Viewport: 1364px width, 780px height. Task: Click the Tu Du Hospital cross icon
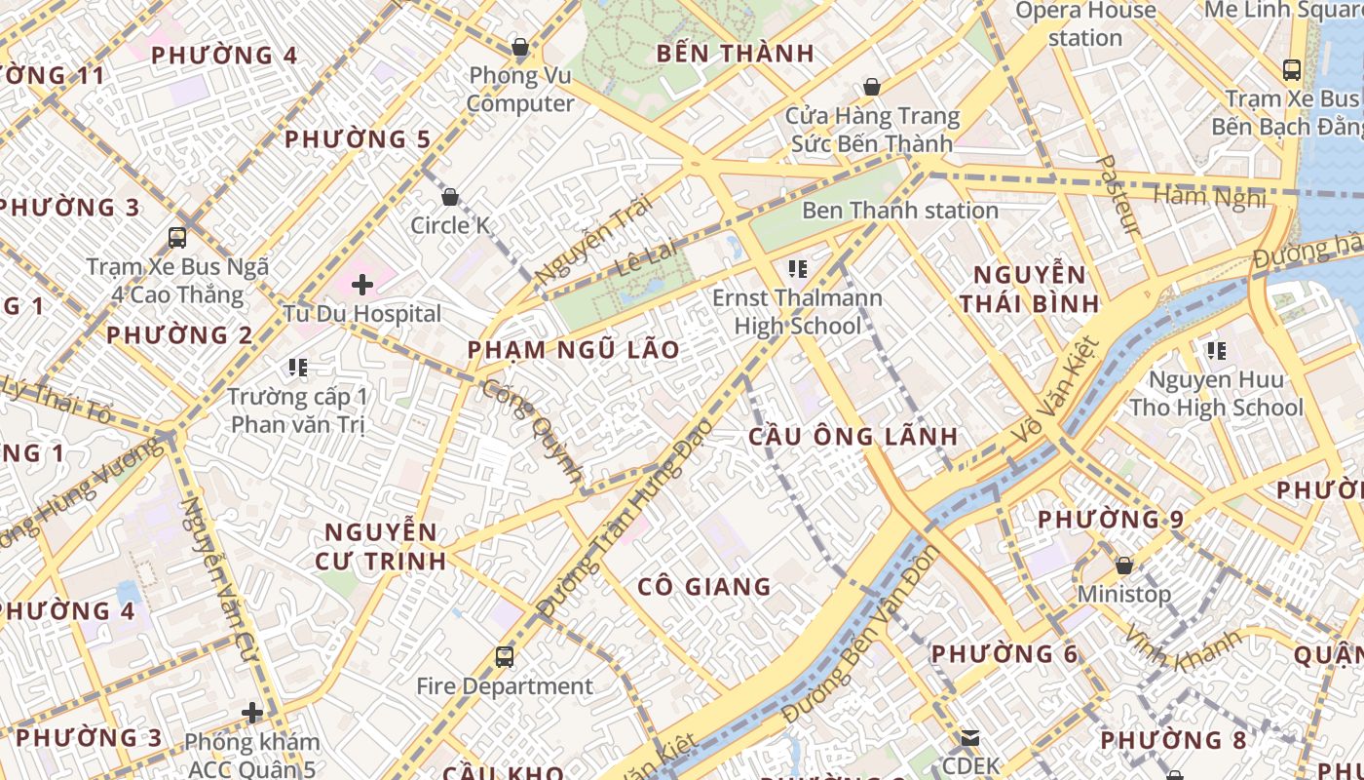[362, 285]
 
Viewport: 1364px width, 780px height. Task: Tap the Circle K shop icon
[450, 198]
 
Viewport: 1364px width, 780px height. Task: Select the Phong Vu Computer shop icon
[520, 47]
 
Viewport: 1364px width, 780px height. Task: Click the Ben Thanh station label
[899, 210]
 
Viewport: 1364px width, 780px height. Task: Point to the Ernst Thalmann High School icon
[797, 269]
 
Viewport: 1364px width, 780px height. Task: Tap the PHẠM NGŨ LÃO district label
[573, 350]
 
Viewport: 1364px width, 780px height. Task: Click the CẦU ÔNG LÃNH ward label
[852, 436]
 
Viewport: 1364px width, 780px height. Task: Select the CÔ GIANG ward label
[703, 586]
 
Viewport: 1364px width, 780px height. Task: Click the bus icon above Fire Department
[504, 656]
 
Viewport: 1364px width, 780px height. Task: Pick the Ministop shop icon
[1123, 565]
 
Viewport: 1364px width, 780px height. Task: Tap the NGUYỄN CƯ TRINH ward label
[381, 546]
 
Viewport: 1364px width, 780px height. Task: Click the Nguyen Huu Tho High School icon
[1215, 350]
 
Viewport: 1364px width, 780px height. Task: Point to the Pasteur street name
[1118, 195]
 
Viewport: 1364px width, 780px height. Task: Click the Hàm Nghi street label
[1208, 197]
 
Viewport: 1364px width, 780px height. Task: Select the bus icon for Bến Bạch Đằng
[1291, 70]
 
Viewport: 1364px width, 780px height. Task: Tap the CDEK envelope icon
[969, 738]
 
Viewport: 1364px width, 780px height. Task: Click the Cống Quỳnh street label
[534, 431]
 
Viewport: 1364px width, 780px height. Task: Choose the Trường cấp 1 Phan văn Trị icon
[298, 368]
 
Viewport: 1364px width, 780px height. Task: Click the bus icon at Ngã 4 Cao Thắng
[177, 237]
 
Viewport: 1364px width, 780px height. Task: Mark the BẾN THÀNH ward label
[735, 54]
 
